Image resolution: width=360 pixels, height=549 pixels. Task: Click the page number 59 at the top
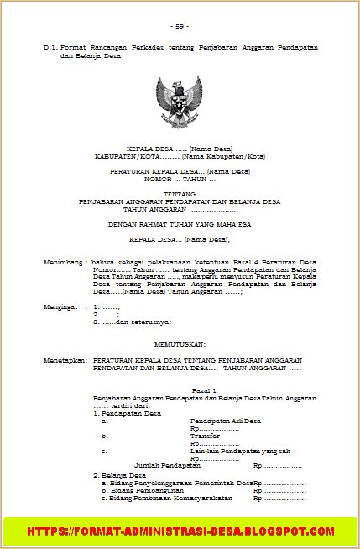click(x=180, y=26)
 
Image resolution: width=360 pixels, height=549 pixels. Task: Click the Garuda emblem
click(x=180, y=101)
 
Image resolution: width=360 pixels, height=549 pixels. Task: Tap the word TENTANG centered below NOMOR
click(x=180, y=195)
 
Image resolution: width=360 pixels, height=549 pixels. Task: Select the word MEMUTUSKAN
click(x=180, y=344)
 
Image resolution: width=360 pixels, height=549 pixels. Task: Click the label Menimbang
click(x=65, y=262)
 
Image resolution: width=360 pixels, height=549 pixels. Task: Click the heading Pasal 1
click(x=205, y=391)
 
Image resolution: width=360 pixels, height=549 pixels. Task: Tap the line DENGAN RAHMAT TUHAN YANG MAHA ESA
click(x=180, y=224)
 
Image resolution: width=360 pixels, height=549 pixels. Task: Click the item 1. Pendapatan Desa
click(x=127, y=412)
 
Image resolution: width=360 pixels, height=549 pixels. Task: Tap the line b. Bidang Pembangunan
click(x=142, y=490)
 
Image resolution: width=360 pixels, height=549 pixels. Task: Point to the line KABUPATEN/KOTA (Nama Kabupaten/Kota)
click(x=180, y=156)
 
